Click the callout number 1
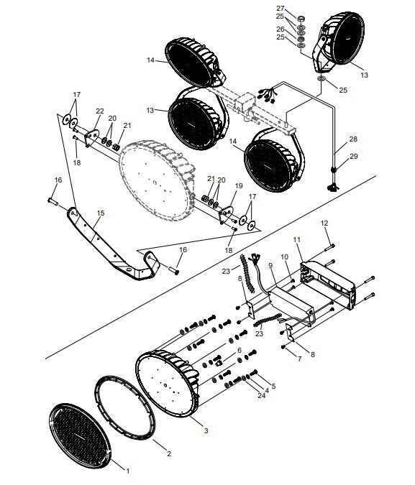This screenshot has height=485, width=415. tap(128, 471)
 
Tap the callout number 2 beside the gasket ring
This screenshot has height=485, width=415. tap(168, 454)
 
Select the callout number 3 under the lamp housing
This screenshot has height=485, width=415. tap(206, 430)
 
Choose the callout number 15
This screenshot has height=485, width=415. tap(100, 213)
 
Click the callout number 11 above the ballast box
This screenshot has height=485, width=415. tap(298, 238)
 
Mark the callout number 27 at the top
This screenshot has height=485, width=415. tap(281, 7)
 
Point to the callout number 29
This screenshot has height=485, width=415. tap(353, 157)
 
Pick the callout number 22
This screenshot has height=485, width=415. tap(100, 111)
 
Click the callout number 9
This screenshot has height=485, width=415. tap(270, 266)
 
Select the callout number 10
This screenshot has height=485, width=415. tap(283, 257)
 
